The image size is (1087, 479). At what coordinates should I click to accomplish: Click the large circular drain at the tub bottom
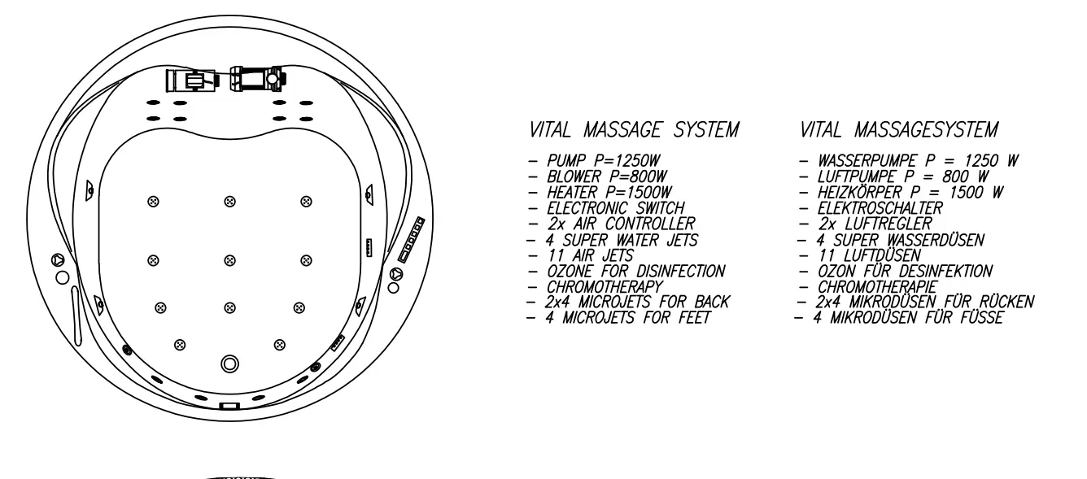click(229, 364)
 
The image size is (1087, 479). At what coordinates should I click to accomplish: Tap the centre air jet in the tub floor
click(229, 260)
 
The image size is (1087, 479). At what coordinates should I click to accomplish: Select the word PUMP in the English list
click(566, 161)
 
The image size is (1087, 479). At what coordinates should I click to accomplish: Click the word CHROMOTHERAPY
click(605, 286)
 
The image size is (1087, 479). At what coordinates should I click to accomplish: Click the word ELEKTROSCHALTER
click(880, 208)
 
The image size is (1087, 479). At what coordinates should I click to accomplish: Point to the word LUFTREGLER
click(888, 224)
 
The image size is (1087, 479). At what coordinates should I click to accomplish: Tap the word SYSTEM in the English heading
click(706, 130)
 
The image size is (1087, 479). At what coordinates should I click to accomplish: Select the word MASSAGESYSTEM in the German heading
click(926, 130)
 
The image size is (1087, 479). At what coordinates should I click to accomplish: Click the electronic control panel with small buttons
click(412, 240)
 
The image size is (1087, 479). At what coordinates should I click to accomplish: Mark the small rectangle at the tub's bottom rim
click(229, 407)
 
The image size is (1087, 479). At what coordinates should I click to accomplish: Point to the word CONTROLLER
click(650, 224)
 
